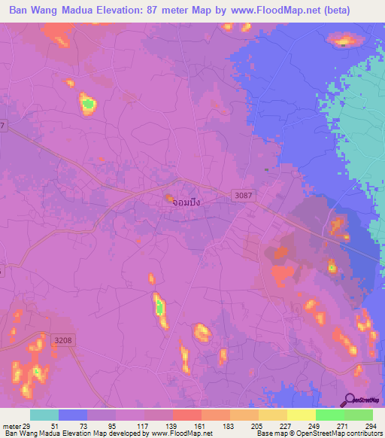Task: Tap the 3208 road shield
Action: coord(63,341)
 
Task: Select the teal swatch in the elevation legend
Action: coord(44,415)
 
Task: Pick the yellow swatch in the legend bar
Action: coord(302,415)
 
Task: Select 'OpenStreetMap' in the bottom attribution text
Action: coord(314,433)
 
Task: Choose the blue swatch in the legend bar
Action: coord(73,415)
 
